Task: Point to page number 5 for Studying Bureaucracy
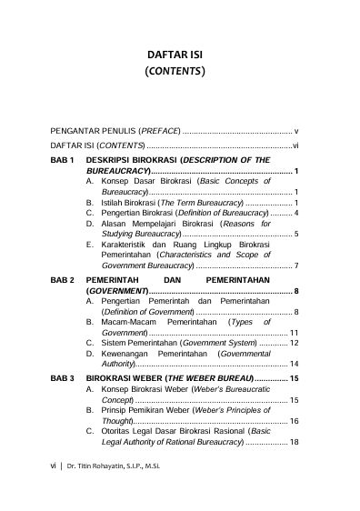coord(298,235)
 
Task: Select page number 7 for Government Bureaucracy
coord(298,266)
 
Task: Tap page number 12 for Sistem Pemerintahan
coord(295,343)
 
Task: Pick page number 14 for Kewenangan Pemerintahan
coord(295,364)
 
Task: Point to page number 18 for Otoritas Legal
coord(295,442)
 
